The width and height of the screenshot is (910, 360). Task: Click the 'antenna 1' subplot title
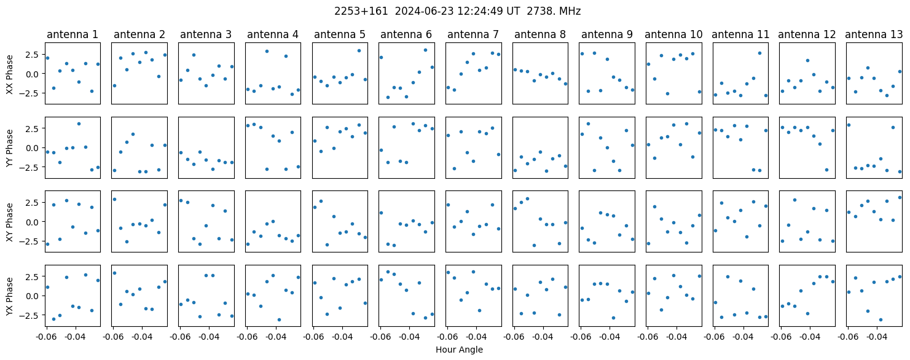point(73,35)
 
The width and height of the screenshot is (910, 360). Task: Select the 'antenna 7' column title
point(473,35)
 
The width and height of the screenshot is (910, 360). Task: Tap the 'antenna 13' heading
point(874,35)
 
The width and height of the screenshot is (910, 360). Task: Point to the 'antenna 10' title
point(673,35)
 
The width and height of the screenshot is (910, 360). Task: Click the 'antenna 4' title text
point(273,35)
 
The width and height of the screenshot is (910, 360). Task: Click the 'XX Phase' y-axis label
point(9,74)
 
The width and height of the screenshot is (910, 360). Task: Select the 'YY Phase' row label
point(9,148)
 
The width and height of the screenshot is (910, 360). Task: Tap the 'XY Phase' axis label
point(9,222)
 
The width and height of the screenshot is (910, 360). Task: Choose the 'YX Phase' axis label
point(9,296)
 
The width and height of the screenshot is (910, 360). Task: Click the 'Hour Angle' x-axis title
point(459,350)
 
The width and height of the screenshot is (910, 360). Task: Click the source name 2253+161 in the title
point(361,12)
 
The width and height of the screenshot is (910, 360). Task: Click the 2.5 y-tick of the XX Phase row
point(35,55)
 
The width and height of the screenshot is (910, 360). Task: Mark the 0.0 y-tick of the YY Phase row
point(35,148)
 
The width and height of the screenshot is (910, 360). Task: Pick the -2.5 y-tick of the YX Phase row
point(33,315)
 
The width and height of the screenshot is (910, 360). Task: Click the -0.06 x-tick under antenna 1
point(46,337)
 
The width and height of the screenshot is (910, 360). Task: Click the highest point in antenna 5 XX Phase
point(359,51)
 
